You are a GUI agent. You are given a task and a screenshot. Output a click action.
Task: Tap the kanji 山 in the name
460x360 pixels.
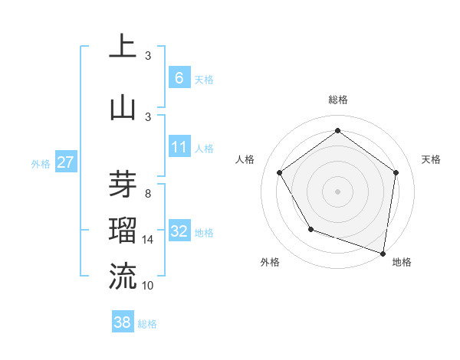coord(123,107)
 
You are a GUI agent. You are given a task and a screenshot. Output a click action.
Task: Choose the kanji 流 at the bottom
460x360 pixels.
coord(123,277)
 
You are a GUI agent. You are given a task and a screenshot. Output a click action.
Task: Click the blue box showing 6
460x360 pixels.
coord(179,77)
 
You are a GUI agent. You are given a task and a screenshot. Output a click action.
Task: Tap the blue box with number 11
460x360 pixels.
coord(179,146)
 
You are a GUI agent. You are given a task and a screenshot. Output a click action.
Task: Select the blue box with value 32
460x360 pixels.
coord(179,231)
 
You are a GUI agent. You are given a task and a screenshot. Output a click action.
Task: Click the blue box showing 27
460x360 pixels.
coord(66,162)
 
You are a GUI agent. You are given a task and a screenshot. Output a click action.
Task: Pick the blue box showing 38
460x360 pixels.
coord(123,322)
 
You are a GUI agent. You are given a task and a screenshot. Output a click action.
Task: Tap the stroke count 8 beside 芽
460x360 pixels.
coord(147,194)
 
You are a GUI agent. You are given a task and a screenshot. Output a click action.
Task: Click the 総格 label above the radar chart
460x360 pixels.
coord(337,100)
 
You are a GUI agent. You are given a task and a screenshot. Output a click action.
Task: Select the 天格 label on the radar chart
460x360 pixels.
coord(431,159)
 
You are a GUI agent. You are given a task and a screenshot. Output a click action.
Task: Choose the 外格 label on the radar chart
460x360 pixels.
coord(270,262)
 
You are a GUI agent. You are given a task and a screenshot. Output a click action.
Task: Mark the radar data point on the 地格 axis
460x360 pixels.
coord(383,253)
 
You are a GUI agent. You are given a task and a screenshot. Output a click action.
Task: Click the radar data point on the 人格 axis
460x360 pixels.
coord(280,172)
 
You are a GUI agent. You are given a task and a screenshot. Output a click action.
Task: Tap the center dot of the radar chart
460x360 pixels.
coord(337,191)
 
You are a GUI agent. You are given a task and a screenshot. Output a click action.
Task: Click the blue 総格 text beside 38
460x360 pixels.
coord(147,324)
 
